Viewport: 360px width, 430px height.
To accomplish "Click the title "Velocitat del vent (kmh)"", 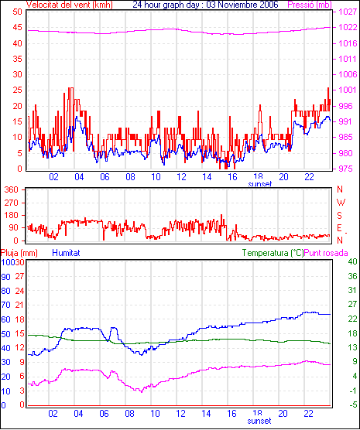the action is [69, 5].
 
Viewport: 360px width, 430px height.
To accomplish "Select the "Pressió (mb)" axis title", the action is [310, 5].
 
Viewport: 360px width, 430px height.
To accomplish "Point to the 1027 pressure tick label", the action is [348, 12].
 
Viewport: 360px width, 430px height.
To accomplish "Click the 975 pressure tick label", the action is [345, 169].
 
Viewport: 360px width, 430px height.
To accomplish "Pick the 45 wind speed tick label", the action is [17, 27].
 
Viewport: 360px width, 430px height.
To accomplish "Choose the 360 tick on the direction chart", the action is [12, 189].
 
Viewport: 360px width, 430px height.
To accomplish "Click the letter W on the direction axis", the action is [341, 203].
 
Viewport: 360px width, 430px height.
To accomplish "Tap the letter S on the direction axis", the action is [339, 216].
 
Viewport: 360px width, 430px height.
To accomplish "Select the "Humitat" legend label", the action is [66, 253].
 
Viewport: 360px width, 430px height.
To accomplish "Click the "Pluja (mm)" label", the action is [19, 253].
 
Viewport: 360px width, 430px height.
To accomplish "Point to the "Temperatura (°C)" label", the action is [273, 253].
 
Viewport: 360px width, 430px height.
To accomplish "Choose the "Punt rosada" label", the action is [326, 253].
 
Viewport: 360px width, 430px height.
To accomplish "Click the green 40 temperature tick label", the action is [352, 261].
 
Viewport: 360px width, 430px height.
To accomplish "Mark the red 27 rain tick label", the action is [19, 276].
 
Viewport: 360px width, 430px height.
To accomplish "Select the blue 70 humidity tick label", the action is [5, 305].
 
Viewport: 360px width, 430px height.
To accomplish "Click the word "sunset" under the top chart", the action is [260, 184].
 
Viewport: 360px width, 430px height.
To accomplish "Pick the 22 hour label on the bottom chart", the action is [308, 414].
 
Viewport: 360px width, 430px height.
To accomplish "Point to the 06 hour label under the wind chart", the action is [105, 177].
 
